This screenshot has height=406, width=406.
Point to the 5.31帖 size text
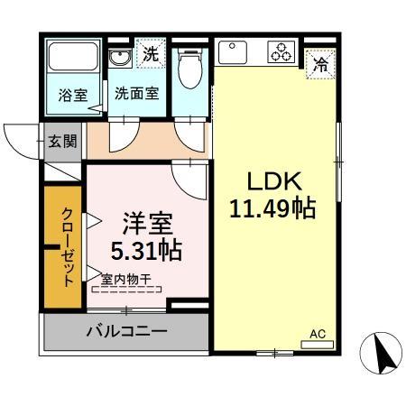(145, 249)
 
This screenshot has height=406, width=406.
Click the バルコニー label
(126, 332)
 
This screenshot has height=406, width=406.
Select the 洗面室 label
(137, 92)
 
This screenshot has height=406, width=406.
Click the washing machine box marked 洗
(152, 53)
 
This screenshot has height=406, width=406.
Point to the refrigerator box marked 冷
(319, 64)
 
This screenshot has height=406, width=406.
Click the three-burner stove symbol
(281, 52)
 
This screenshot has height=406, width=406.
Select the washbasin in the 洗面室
(120, 58)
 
